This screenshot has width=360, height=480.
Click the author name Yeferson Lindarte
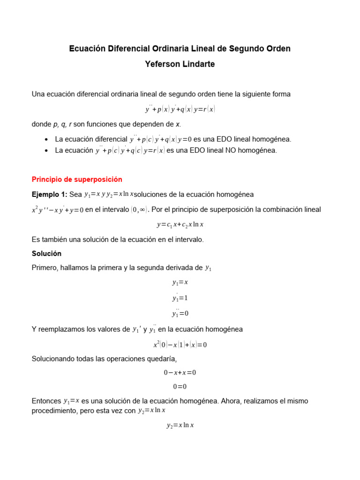180,64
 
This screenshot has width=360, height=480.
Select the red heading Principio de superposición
77,179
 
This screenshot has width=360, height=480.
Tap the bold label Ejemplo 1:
50,194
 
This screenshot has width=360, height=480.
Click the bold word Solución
46,253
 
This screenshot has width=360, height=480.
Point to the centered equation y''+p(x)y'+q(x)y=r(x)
180,109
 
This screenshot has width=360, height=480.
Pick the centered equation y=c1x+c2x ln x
180,225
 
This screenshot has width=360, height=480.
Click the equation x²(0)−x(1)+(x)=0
180,345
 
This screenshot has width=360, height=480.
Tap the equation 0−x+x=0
180,373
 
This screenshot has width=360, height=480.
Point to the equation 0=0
180,387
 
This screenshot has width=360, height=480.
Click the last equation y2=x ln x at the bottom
180,426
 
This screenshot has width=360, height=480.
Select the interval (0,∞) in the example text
137,210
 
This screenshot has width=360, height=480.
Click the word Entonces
46,401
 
